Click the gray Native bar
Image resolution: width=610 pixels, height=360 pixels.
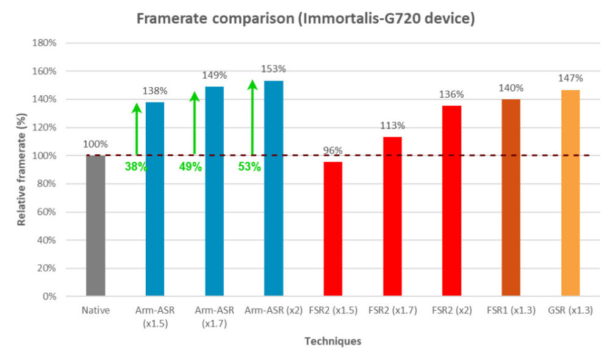[x=96, y=226]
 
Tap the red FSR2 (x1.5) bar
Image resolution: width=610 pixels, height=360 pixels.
[x=333, y=229]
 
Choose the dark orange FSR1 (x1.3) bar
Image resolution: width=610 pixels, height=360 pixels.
[x=511, y=198]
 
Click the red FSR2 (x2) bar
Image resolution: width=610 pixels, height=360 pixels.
[x=452, y=201]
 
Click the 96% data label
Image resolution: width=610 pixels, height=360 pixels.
[x=333, y=151]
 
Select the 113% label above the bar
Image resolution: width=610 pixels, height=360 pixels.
[x=393, y=126]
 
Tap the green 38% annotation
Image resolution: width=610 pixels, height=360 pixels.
[x=135, y=166]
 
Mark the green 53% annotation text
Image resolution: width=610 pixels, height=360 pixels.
[x=249, y=166]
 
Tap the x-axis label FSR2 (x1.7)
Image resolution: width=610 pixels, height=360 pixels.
[x=393, y=311]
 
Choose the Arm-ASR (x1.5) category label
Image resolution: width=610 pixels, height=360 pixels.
[x=155, y=317]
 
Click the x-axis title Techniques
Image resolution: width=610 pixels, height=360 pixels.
[x=333, y=341]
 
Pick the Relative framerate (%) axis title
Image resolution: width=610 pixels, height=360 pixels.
[x=22, y=170]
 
